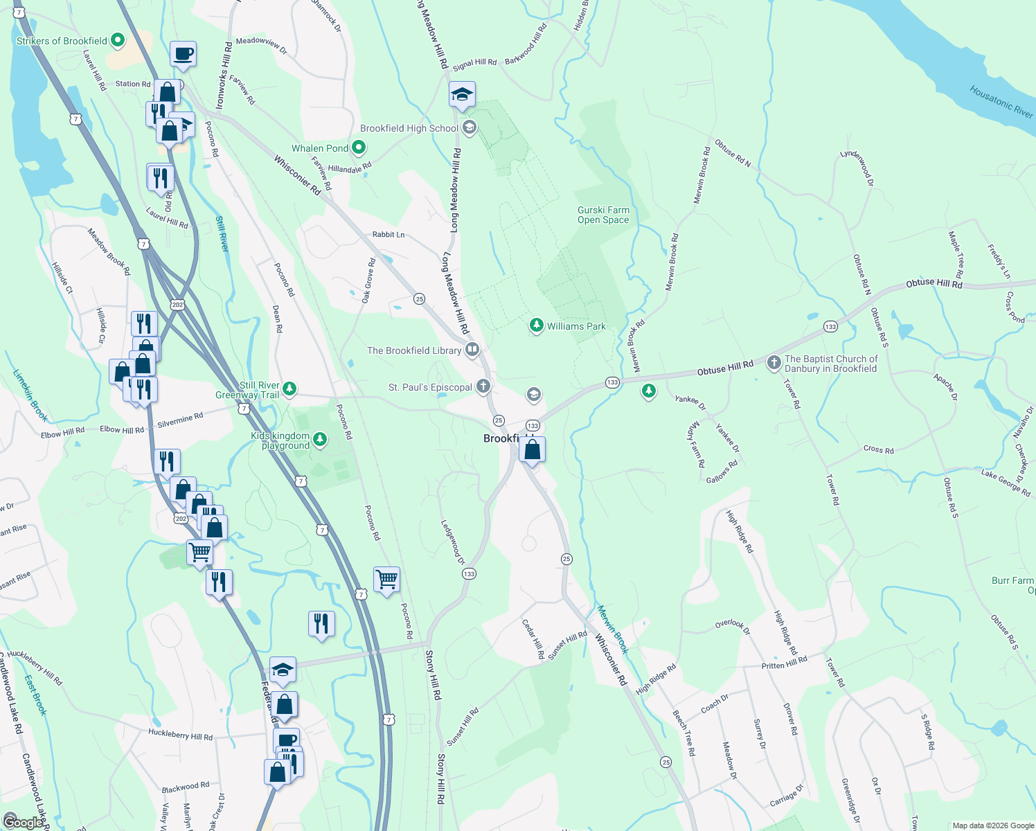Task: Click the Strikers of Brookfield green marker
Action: tap(118, 40)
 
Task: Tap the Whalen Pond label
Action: tap(320, 148)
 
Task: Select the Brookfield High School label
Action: tap(409, 128)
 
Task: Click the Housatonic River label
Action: tap(1001, 101)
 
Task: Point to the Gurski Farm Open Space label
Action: tap(603, 215)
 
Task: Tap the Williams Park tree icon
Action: tap(536, 325)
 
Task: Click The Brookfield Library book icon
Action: tap(472, 350)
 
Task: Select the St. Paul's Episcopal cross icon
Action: tap(483, 386)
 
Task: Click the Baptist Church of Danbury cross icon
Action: tap(774, 362)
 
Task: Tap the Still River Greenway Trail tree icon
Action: tap(289, 388)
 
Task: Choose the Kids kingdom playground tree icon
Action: tap(319, 438)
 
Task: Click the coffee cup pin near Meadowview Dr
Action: tap(184, 53)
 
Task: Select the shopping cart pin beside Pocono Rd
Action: tap(386, 579)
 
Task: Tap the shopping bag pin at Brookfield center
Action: tap(532, 450)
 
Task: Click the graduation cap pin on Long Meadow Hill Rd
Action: tap(462, 95)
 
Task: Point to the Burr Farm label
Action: tap(1012, 580)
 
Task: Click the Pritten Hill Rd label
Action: tap(784, 663)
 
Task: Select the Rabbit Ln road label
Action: tap(388, 235)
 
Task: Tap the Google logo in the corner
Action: tap(23, 822)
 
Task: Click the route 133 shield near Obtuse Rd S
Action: tap(830, 326)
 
